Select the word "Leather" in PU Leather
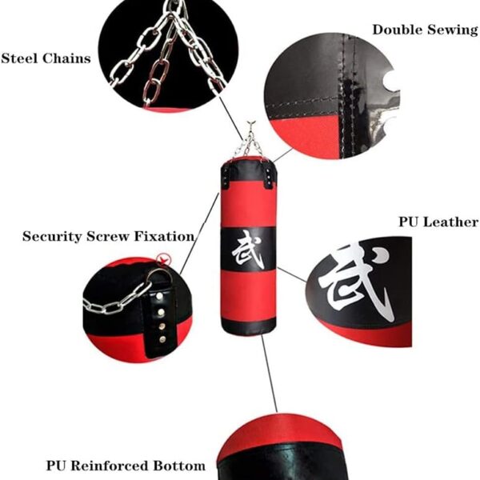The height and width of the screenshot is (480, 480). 453,222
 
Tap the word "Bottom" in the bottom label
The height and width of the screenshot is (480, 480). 179,465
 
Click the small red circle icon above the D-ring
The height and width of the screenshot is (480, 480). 165,259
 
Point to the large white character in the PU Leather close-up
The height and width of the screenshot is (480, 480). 358,282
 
